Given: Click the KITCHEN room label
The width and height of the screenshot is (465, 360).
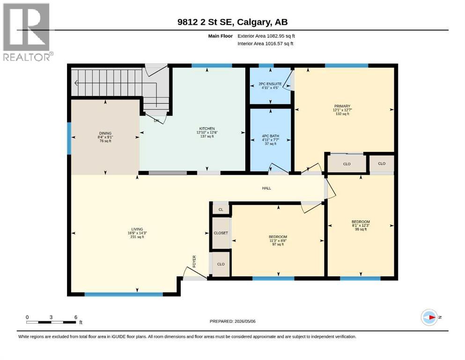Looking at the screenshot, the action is (x=207, y=129).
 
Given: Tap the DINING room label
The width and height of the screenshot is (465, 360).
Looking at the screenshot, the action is (x=105, y=133).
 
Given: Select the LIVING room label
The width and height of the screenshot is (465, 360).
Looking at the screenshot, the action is (x=137, y=229).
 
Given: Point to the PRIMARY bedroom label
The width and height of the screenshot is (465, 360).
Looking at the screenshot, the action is (x=342, y=106).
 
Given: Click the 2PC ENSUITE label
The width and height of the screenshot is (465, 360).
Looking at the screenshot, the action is (x=270, y=84).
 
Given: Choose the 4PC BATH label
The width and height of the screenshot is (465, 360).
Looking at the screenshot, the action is (x=271, y=136).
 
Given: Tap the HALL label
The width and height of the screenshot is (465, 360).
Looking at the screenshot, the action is (x=266, y=188).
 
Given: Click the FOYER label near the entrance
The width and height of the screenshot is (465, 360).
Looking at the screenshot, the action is (x=194, y=262).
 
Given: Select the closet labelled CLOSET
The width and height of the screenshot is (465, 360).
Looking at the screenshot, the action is (x=221, y=233).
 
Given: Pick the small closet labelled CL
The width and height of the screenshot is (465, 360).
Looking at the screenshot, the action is (x=221, y=210).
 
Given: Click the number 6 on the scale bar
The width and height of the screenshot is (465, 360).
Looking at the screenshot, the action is (x=76, y=317).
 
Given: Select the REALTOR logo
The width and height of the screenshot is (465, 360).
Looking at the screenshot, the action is (x=27, y=32).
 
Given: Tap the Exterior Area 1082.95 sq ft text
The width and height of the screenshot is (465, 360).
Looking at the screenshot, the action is (x=266, y=36).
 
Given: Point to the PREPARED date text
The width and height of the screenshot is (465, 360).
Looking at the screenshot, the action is (x=232, y=321).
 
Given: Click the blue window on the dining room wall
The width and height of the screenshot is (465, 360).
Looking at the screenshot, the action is (x=69, y=139).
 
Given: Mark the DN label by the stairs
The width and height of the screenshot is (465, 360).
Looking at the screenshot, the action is (x=156, y=121).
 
